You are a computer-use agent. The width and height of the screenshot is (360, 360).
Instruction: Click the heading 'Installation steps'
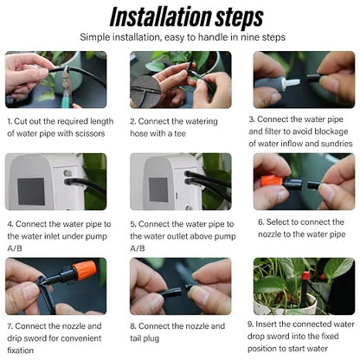[186, 16]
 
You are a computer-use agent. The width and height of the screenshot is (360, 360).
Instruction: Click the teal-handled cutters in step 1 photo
[67, 87]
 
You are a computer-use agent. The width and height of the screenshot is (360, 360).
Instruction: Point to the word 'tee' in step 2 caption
[180, 133]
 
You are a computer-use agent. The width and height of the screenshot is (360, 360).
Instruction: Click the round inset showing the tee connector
[145, 91]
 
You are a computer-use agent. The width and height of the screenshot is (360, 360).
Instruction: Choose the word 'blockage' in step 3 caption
[331, 132]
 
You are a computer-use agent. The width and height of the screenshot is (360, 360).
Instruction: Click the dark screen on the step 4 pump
[31, 191]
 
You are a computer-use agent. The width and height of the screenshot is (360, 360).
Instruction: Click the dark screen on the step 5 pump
[158, 190]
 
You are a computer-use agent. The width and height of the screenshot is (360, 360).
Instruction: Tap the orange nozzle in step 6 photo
[271, 181]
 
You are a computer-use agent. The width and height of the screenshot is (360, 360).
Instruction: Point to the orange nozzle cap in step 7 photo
[84, 270]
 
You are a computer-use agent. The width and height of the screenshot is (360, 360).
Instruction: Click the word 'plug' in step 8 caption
[151, 338]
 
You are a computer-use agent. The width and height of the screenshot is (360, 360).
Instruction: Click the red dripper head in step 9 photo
[305, 274]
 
